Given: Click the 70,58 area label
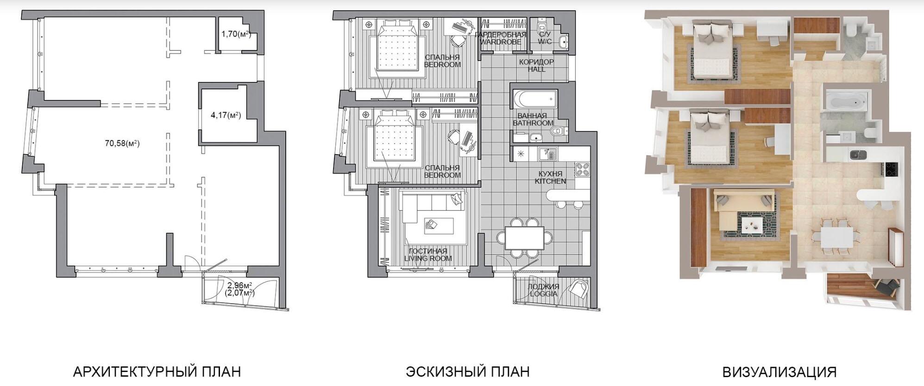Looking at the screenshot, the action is point(122,143).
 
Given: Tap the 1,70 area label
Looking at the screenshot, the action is point(236,34).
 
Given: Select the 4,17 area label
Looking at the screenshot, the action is point(226,115).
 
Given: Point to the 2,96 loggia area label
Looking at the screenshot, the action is point(240,285).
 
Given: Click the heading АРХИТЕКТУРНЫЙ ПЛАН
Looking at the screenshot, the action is point(157,371).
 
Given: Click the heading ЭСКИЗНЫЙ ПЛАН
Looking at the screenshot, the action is point(468,371).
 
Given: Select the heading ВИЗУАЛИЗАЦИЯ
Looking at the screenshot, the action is point(779,372).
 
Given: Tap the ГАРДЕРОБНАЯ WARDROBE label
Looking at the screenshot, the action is point(501,38).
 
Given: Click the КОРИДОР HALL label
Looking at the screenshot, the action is point(536,65).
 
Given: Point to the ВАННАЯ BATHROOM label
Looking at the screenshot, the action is point(533,119).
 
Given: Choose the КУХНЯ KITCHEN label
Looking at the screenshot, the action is point(550,177).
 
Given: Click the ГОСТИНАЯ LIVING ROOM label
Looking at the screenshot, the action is point(428,255).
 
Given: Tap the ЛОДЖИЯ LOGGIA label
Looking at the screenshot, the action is point(544,290).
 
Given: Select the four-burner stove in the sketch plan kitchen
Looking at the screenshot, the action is point(582,169).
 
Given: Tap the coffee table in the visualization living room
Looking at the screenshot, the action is point(752,225).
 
